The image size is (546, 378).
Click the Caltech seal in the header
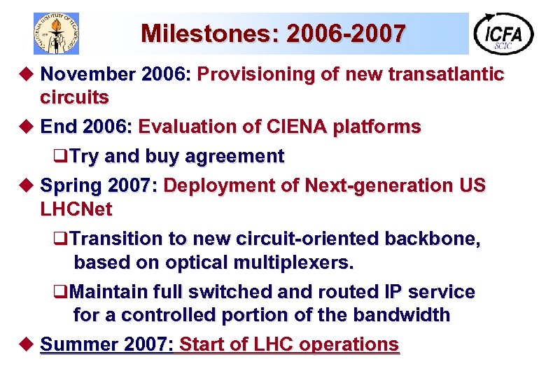coord(57,33)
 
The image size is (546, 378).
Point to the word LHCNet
coord(76,209)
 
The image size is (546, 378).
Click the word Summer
coord(77,344)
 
